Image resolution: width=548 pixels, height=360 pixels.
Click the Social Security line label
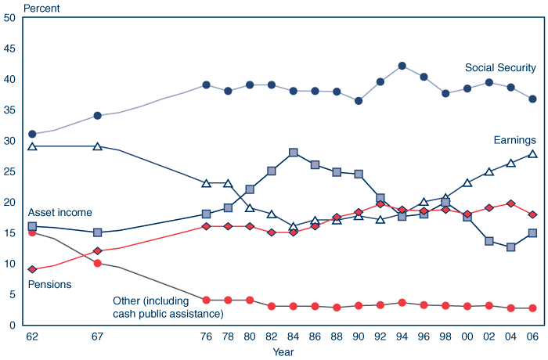click(x=500, y=68)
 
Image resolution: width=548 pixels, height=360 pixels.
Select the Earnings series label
click(x=514, y=140)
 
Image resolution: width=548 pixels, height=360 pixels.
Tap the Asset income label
click(x=59, y=212)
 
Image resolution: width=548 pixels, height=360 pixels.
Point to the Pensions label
click(x=49, y=284)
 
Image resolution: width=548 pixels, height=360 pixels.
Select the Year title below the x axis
click(x=283, y=352)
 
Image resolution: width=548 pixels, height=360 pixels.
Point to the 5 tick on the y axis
click(x=13, y=294)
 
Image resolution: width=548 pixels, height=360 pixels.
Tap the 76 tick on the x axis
click(x=207, y=337)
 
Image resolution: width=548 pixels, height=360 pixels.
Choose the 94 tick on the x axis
click(x=402, y=337)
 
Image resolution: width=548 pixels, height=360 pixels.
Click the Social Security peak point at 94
click(x=402, y=66)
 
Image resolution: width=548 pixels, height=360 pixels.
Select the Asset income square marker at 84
click(x=294, y=153)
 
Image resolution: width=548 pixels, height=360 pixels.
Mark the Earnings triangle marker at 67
click(x=98, y=146)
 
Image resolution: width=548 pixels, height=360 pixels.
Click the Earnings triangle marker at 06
click(x=532, y=154)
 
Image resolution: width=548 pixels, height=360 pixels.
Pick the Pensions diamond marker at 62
click(x=32, y=269)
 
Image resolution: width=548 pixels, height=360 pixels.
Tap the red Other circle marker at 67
click(x=98, y=263)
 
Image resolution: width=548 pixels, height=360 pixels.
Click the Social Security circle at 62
click(x=32, y=134)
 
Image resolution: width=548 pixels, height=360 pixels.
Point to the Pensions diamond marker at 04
click(x=510, y=203)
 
